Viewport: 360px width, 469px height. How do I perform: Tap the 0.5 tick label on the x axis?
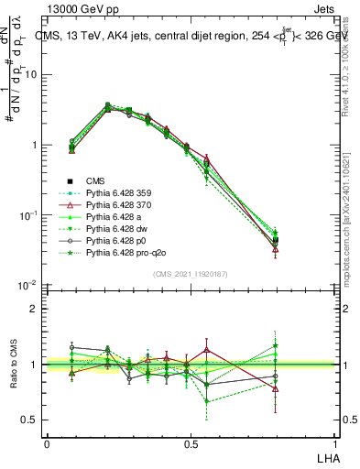point(191,443)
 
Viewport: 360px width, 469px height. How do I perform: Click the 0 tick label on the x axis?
point(47,443)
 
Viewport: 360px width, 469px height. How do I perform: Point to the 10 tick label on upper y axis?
point(30,75)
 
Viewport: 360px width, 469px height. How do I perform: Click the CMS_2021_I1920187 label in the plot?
point(191,274)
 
